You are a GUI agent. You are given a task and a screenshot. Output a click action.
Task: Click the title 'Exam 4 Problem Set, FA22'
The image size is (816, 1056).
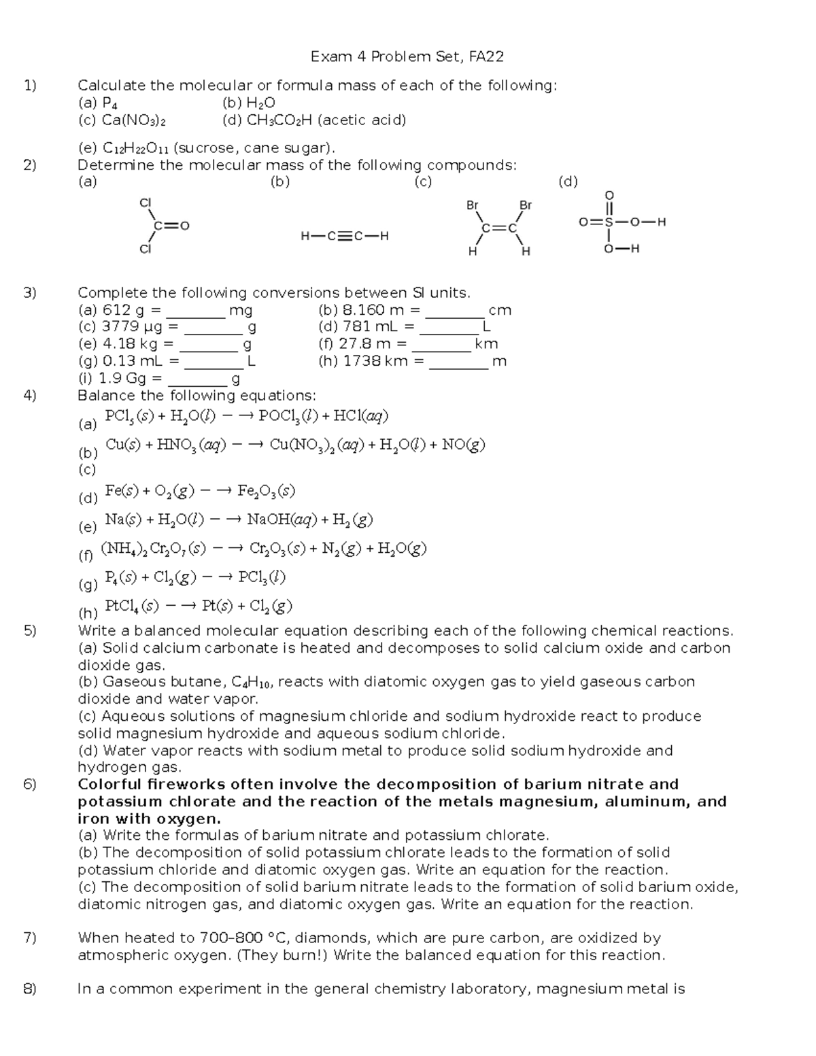(407, 56)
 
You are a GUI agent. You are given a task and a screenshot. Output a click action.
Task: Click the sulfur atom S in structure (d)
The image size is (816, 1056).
(609, 222)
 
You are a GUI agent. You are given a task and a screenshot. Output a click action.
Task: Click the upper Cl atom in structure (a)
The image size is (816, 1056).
(144, 203)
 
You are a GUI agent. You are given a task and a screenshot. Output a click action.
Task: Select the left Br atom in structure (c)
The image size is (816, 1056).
(473, 205)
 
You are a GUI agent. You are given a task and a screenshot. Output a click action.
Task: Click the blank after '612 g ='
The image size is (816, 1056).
(196, 311)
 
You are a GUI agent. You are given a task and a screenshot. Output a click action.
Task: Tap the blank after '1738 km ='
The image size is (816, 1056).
(459, 362)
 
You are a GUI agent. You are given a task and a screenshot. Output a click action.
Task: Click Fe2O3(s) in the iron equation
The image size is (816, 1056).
(266, 491)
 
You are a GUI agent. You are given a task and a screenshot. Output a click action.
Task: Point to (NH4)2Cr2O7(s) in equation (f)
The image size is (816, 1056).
(153, 548)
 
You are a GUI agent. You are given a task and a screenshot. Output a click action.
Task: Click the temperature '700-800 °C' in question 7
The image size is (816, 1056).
(245, 938)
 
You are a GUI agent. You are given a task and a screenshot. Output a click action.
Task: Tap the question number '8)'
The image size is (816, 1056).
(29, 989)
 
